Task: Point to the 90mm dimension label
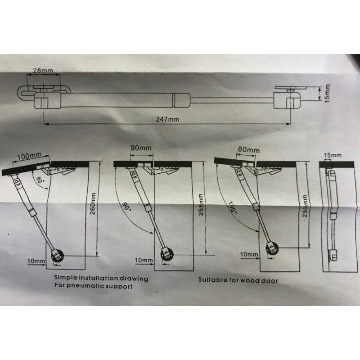point(142,148)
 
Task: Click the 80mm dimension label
point(249,149)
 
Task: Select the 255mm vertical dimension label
point(201,206)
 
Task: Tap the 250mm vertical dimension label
point(305,207)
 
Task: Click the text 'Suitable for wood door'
point(238,280)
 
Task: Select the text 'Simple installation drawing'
point(101,279)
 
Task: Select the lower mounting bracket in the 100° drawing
point(273,247)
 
